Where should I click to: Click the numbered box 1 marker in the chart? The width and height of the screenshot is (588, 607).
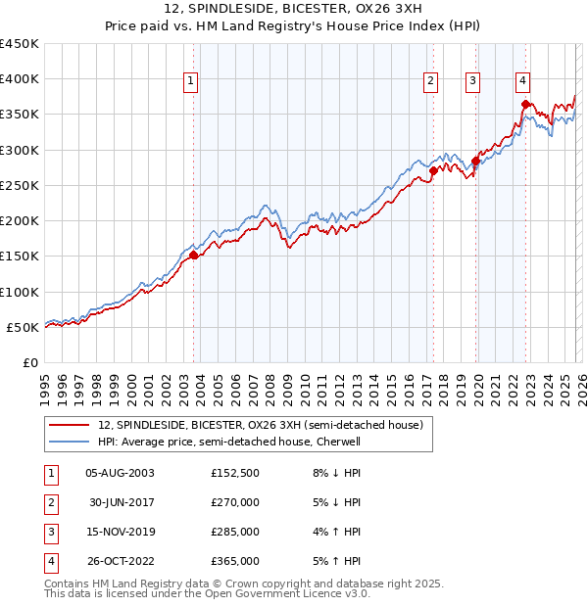190,81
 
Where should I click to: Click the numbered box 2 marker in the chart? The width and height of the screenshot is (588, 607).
430,81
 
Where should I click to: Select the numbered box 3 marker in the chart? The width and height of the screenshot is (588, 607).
472,81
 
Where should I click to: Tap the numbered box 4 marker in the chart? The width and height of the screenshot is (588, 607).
523,81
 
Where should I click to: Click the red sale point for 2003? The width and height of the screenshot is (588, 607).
193,255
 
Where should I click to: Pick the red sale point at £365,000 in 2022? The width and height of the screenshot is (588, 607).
526,104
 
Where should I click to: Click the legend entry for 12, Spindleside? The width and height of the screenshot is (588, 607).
260,425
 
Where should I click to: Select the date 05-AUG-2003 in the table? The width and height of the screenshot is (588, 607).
120,473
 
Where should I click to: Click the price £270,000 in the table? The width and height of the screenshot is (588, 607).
235,502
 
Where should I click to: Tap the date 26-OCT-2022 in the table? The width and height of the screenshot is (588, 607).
120,561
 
